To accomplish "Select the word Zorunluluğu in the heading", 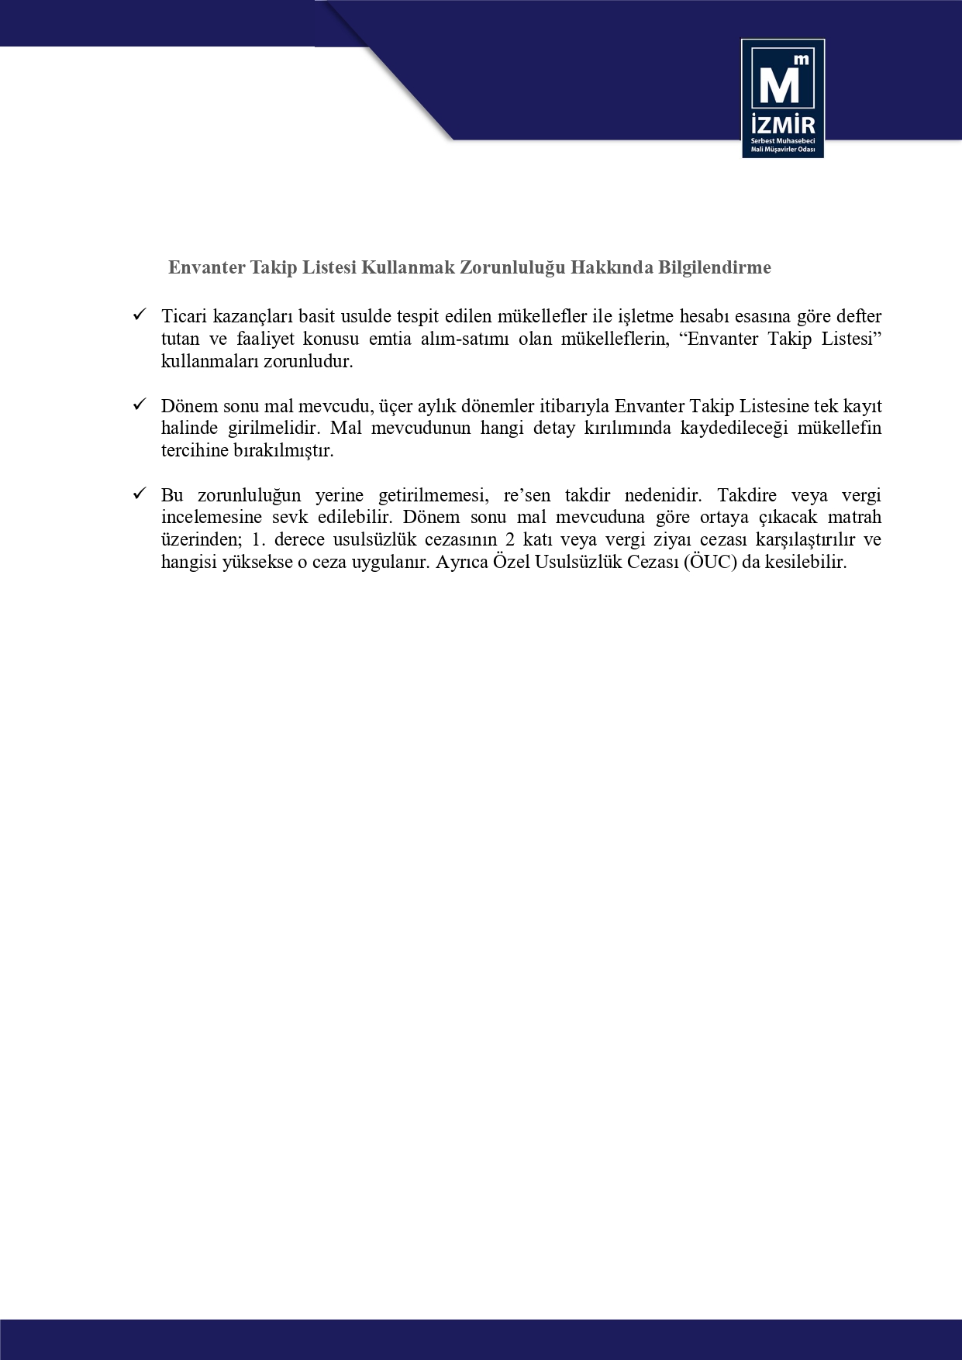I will [x=512, y=267].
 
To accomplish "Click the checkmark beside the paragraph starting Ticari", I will [x=140, y=315].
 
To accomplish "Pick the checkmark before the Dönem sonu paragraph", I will [x=140, y=405].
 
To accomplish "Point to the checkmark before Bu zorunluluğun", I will [x=140, y=494].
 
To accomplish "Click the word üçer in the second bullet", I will [x=398, y=406].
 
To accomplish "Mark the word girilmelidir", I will [x=265, y=429].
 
